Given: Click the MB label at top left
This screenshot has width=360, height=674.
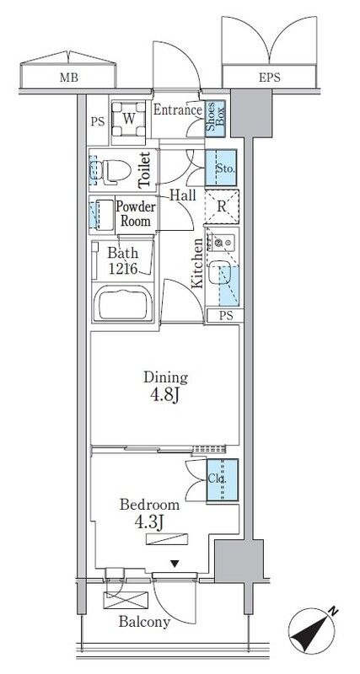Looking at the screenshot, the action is coord(68,78).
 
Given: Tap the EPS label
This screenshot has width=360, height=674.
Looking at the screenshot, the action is coord(270,78).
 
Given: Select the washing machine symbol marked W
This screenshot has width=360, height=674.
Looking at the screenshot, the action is coord(128,119).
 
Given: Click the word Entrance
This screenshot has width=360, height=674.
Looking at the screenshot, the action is coord(178,110).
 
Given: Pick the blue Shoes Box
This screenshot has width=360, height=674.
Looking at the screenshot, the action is coord(215,118).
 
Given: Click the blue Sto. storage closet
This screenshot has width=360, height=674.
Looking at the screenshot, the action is coord(221,168).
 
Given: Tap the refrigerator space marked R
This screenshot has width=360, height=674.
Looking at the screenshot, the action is coord(222,206).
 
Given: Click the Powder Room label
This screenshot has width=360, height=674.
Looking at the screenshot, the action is coord(136,214).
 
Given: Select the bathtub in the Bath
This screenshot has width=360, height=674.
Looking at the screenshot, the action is coord(123,304).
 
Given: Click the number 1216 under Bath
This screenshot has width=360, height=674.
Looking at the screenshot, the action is coord(122,269).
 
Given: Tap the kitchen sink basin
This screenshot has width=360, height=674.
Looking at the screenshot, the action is coord(218,273).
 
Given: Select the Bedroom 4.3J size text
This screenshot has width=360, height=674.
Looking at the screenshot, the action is coord(150,522).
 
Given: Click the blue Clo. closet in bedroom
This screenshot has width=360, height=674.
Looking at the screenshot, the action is coord(223,479).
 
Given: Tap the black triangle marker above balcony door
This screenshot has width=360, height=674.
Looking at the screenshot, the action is coord(175,564).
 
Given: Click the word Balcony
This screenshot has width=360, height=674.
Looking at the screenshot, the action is coord(144,622).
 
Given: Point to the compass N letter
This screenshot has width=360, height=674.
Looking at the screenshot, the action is coord(332,611).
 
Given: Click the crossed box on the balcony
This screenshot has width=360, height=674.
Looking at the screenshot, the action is coord(126,600).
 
